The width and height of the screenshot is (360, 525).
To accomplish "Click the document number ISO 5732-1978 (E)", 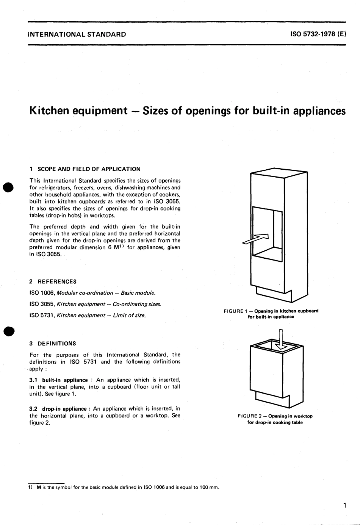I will [318, 34].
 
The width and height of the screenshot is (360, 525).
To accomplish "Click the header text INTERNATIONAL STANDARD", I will [77, 34].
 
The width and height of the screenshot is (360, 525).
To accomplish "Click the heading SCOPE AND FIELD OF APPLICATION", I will [89, 169].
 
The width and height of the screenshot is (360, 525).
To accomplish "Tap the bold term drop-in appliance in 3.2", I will [64, 409].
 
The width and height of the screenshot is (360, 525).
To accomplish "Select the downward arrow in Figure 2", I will [281, 339].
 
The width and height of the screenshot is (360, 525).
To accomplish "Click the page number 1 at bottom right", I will [344, 505].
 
